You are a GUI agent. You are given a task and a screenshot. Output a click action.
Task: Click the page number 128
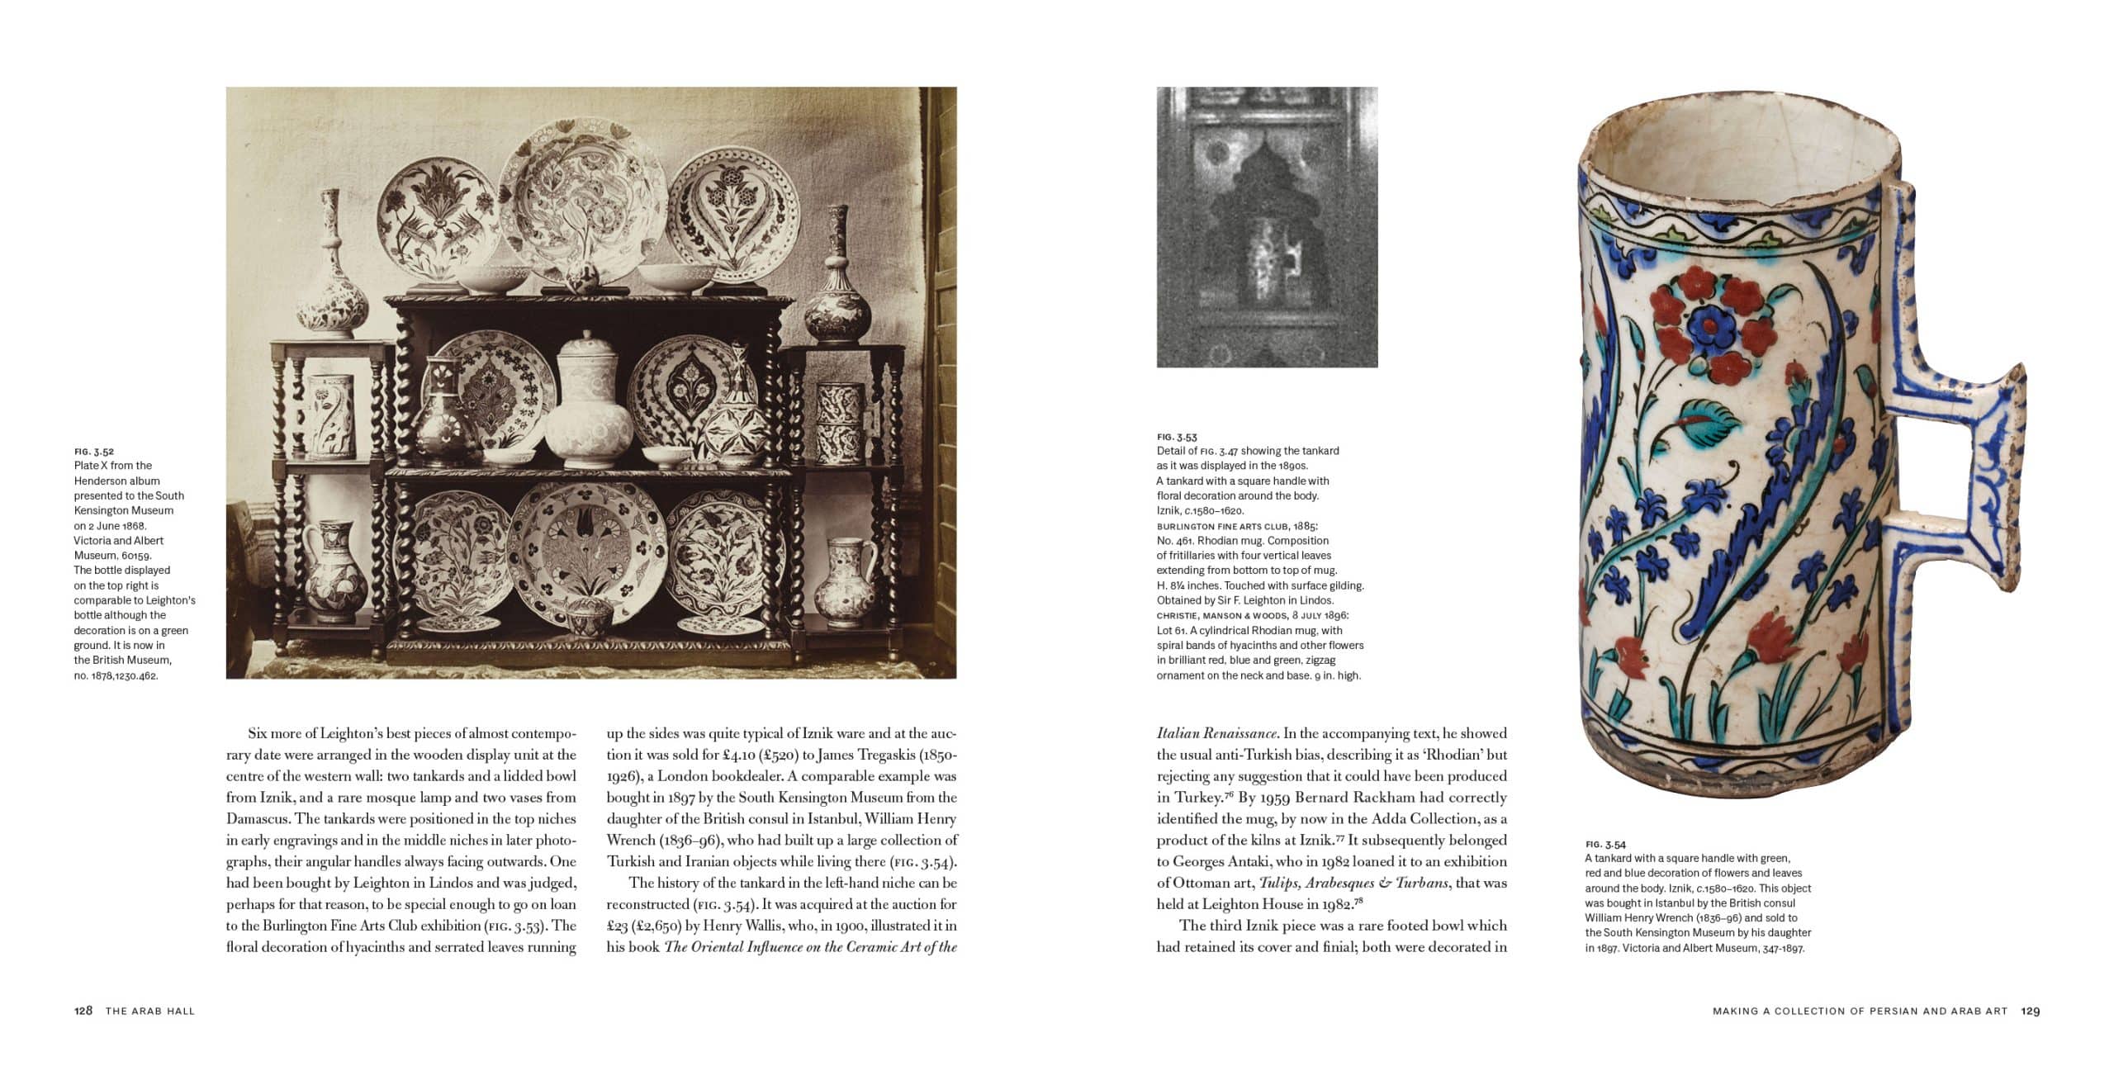[x=83, y=1011]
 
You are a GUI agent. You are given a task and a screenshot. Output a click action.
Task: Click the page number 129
[x=2031, y=1011]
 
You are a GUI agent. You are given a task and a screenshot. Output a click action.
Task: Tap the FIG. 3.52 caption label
[x=93, y=451]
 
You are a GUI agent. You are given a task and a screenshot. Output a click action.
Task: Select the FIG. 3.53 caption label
[x=1177, y=437]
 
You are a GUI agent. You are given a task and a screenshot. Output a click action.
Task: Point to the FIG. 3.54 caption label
[x=1605, y=844]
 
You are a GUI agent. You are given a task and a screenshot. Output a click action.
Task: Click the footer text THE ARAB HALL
[x=150, y=1011]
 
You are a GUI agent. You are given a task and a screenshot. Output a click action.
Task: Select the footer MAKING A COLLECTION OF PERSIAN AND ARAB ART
[x=1860, y=1011]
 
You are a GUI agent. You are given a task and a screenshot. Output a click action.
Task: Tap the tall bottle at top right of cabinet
[x=837, y=281]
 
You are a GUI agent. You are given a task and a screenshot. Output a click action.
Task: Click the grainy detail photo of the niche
[x=1267, y=227]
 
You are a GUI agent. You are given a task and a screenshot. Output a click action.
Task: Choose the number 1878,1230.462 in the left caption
[x=116, y=675]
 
